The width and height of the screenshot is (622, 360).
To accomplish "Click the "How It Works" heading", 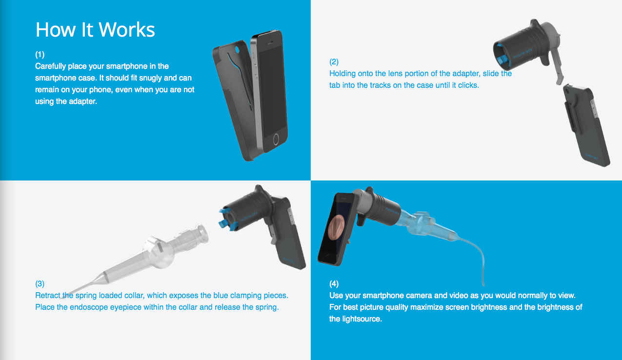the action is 95,29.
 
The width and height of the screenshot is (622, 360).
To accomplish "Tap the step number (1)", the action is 40,54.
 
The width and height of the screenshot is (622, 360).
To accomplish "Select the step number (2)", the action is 334,61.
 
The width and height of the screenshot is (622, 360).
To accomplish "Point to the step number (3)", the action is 40,283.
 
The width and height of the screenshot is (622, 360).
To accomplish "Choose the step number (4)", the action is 334,283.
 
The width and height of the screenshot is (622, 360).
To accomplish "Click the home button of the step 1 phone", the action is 276,140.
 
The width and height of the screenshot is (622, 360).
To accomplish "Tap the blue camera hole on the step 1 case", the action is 237,50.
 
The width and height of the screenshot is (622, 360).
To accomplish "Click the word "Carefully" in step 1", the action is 50,66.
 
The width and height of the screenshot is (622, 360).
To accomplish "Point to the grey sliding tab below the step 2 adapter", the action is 559,67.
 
